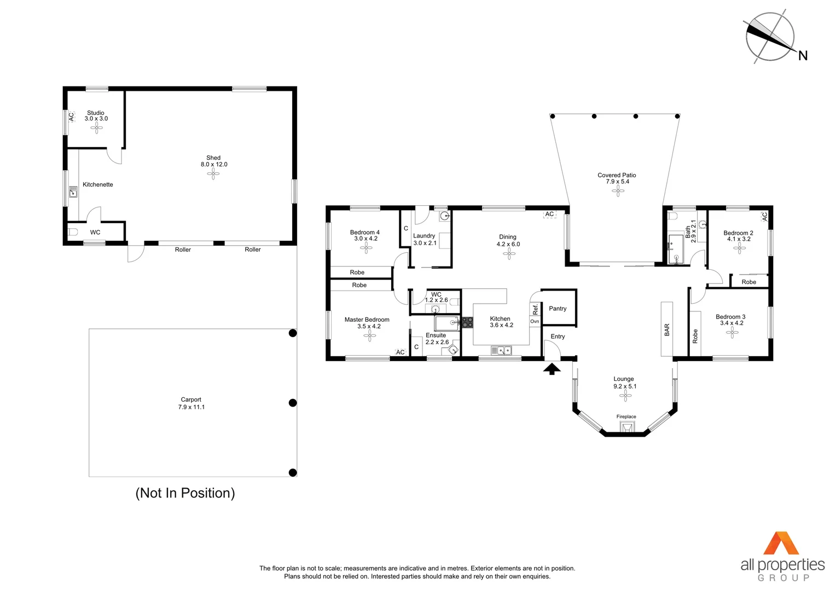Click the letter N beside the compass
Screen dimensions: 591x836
pyautogui.click(x=803, y=55)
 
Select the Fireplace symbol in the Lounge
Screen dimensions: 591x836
pyautogui.click(x=626, y=426)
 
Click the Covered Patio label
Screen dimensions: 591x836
pyautogui.click(x=617, y=175)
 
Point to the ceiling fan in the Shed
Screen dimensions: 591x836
pyautogui.click(x=213, y=174)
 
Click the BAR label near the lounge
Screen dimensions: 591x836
pyautogui.click(x=666, y=329)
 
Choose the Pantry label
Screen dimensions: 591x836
pyautogui.click(x=558, y=309)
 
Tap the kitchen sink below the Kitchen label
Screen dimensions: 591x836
pyautogui.click(x=501, y=350)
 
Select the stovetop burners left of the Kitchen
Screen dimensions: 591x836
pyautogui.click(x=467, y=322)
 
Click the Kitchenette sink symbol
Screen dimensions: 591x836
pyautogui.click(x=73, y=192)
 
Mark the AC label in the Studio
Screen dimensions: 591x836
pyautogui.click(x=71, y=117)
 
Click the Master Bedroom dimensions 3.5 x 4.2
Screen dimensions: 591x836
pyautogui.click(x=369, y=326)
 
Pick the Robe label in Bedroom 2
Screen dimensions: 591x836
pyautogui.click(x=748, y=282)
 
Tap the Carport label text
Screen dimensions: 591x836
pyautogui.click(x=191, y=399)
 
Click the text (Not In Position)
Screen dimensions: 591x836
pyautogui.click(x=185, y=493)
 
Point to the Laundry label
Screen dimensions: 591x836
pyautogui.click(x=424, y=236)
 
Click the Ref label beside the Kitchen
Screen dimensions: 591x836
pyautogui.click(x=535, y=309)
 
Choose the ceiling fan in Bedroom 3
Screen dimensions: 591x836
pyautogui.click(x=731, y=332)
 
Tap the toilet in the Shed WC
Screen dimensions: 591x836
pyautogui.click(x=73, y=232)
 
